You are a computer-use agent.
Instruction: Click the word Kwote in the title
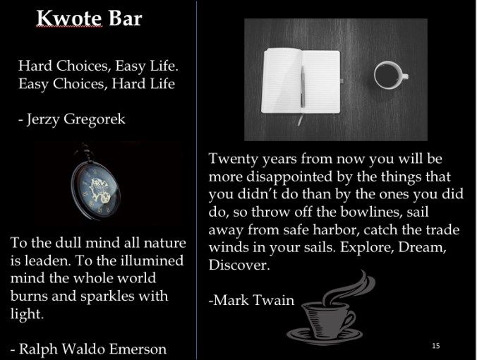tap(69, 18)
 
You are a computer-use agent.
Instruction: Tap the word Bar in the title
tap(126, 18)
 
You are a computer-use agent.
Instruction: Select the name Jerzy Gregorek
tap(76, 119)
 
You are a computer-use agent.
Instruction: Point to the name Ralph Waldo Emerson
tap(92, 349)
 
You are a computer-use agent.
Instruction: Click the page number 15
tap(436, 345)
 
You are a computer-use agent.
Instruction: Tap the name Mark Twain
tap(253, 300)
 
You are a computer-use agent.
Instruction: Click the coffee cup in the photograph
tap(390, 75)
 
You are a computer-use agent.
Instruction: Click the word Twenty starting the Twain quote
tap(233, 159)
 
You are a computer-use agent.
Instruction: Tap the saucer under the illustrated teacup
tap(325, 334)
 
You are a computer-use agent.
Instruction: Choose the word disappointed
tap(289, 177)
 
